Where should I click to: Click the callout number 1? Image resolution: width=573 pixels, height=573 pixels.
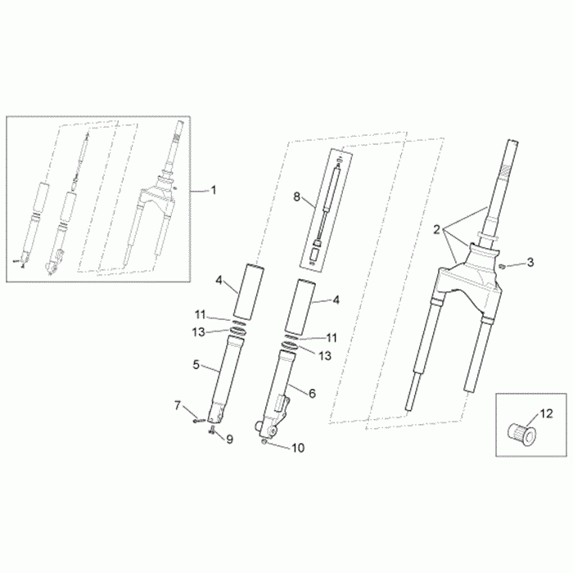tap(214, 190)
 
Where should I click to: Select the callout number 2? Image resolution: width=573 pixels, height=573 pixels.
tap(436, 230)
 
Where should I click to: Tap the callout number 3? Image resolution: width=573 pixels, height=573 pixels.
tap(530, 262)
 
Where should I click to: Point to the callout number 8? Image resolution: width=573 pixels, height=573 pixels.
tap(296, 197)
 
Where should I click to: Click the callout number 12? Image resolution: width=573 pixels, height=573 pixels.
tap(547, 414)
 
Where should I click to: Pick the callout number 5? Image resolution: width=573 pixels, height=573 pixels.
tap(196, 364)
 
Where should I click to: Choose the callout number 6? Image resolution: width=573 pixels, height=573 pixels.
tap(312, 393)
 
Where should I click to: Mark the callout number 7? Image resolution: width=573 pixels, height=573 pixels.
tap(178, 405)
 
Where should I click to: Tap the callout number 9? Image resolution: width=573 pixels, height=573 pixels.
tap(229, 439)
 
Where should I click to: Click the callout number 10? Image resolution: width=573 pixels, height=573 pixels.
tap(298, 448)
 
